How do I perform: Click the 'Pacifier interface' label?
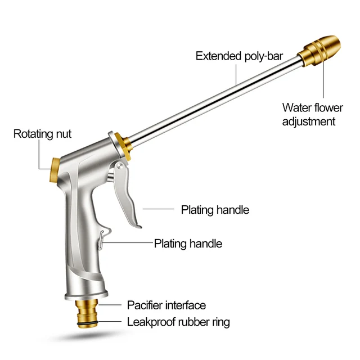(x=166, y=305)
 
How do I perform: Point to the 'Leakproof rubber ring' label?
(x=178, y=322)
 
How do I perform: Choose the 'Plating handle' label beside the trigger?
(x=215, y=210)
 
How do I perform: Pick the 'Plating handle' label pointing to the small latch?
(x=188, y=244)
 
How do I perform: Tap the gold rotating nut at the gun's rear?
(x=55, y=167)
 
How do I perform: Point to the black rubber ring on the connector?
(x=86, y=322)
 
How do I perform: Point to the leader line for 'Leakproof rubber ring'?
(x=110, y=322)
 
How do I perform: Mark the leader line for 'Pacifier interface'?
(x=110, y=305)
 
